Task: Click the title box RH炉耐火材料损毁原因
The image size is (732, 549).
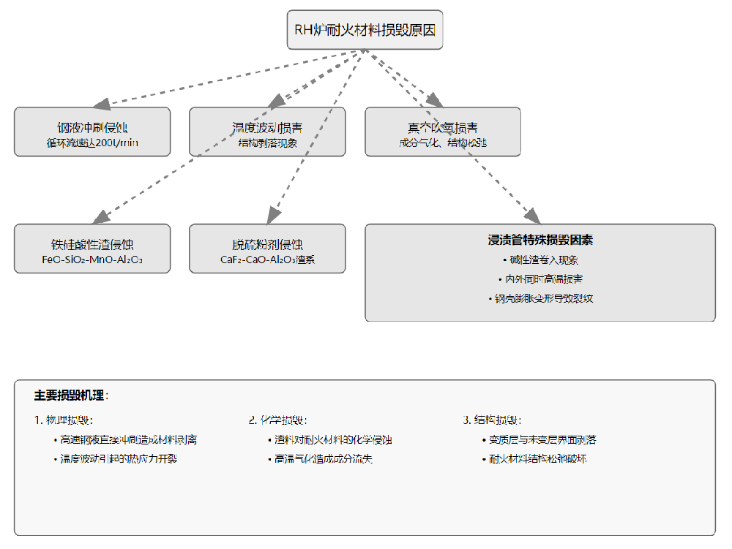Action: (x=365, y=30)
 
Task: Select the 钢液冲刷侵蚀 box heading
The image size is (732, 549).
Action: (x=92, y=127)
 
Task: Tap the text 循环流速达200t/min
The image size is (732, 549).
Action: (x=92, y=143)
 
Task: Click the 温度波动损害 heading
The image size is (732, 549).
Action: (x=267, y=127)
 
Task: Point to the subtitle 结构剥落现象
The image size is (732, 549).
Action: (x=267, y=143)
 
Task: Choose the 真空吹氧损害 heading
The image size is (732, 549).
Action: (x=443, y=127)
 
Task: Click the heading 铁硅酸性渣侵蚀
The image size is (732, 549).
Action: (x=92, y=243)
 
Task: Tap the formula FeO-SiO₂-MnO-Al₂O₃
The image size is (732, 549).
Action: (x=92, y=259)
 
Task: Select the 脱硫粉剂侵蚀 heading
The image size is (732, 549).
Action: (x=267, y=243)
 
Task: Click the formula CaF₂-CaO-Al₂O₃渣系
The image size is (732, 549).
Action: (x=267, y=259)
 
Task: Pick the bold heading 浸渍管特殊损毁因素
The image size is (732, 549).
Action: (x=540, y=240)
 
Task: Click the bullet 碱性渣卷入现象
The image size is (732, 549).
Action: (x=540, y=260)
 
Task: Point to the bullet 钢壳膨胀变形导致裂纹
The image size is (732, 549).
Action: (x=540, y=298)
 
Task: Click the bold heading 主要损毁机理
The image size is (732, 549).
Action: (x=70, y=395)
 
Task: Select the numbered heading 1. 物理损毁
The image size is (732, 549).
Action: (x=64, y=420)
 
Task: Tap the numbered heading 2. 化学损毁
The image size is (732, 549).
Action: (x=278, y=420)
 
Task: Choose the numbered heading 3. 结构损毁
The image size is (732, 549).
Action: (x=492, y=420)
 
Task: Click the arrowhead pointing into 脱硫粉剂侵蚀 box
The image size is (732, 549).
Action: (x=272, y=216)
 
